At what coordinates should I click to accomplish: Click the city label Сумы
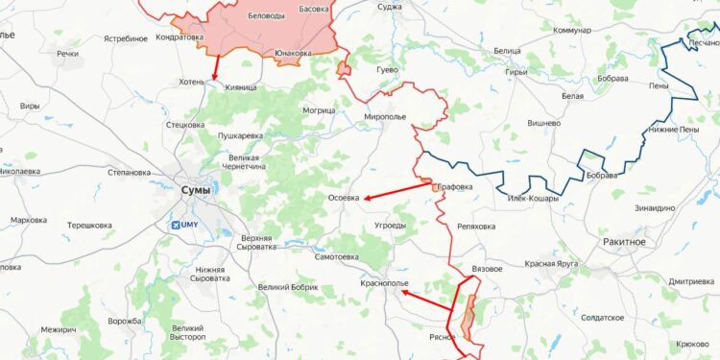pyautogui.click(x=196, y=190)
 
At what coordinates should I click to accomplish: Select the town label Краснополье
pyautogui.click(x=384, y=284)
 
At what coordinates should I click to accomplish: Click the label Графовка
pyautogui.click(x=455, y=187)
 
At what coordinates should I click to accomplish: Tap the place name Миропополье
pyautogui.click(x=385, y=116)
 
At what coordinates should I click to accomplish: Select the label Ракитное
pyautogui.click(x=625, y=242)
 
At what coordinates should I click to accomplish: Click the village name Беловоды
pyautogui.click(x=266, y=17)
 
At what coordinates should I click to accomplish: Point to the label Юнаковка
pyautogui.click(x=292, y=54)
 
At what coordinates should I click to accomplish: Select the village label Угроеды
pyautogui.click(x=388, y=227)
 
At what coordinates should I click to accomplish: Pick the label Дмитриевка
pyautogui.click(x=692, y=281)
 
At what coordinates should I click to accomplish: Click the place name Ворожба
pyautogui.click(x=125, y=321)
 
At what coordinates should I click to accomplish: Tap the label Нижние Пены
pyautogui.click(x=675, y=129)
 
